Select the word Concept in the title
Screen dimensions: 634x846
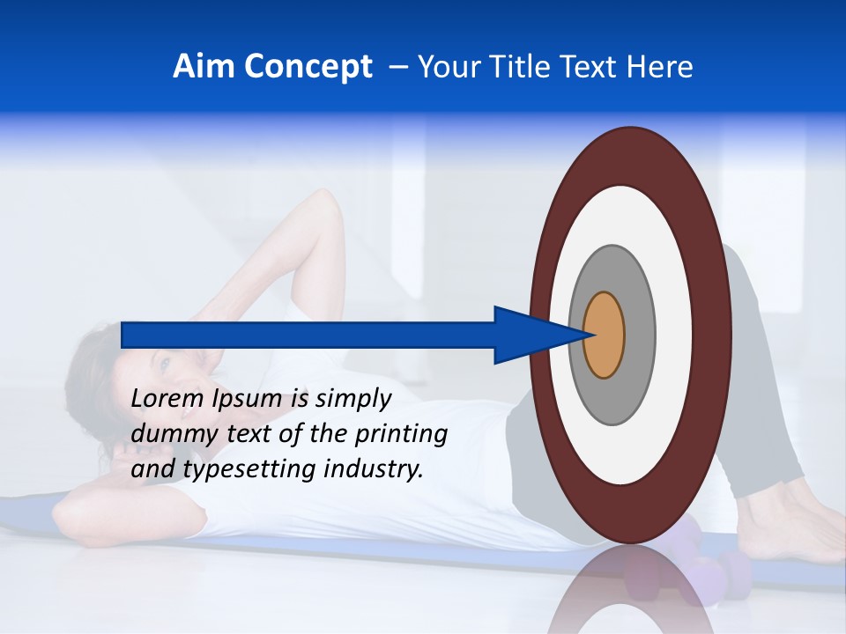[308, 68]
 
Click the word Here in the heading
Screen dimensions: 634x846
[659, 67]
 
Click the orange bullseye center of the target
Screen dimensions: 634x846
[605, 335]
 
